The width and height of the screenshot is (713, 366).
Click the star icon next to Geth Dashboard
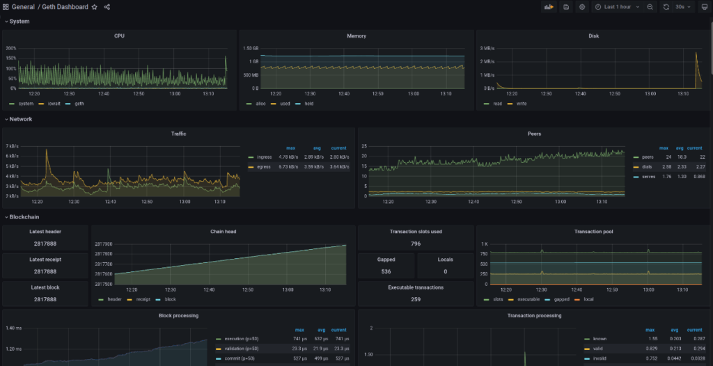(x=95, y=7)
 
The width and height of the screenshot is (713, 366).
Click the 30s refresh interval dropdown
(x=679, y=7)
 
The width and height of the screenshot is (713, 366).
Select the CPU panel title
(x=120, y=36)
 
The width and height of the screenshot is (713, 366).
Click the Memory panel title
(x=356, y=36)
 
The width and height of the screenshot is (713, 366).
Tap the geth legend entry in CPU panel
(x=79, y=104)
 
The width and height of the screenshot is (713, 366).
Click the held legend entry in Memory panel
(x=308, y=104)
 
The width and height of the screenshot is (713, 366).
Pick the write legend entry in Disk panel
(x=522, y=104)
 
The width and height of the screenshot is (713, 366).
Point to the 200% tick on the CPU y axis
(x=11, y=49)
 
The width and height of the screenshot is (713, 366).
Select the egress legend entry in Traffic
(x=264, y=167)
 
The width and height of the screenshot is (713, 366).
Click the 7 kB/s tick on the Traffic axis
(x=12, y=146)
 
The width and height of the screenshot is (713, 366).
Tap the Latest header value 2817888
(x=45, y=244)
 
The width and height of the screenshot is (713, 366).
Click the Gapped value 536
(x=386, y=271)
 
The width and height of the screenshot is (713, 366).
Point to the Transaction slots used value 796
(x=415, y=244)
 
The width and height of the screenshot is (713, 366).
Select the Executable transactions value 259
(x=415, y=299)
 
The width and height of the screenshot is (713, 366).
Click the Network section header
(x=21, y=119)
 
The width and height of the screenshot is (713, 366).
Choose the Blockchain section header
(x=25, y=217)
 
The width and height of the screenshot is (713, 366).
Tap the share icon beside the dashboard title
(x=107, y=7)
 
